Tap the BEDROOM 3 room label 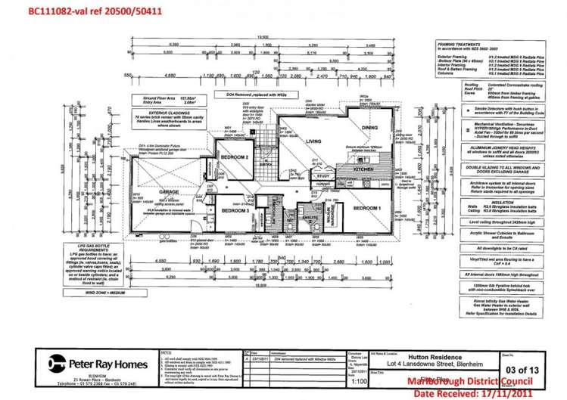[235, 211]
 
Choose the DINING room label [369, 128]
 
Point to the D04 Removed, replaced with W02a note [259, 95]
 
